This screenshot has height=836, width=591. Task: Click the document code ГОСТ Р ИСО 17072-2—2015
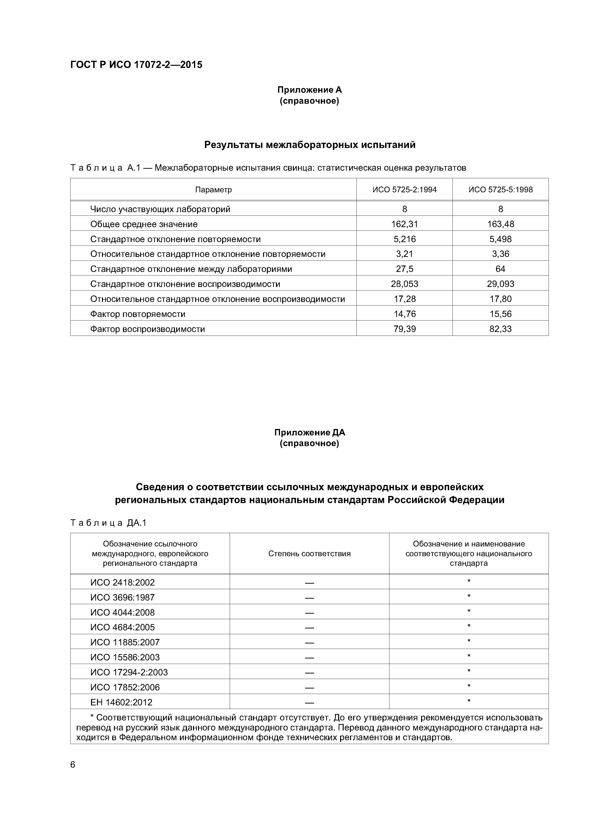click(136, 65)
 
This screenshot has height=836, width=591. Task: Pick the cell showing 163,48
click(500, 224)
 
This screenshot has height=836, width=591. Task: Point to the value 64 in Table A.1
click(500, 269)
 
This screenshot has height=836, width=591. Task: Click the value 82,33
click(500, 329)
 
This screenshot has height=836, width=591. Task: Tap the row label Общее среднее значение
click(144, 224)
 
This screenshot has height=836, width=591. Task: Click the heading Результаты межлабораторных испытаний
click(310, 145)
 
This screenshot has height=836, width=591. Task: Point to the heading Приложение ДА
click(310, 433)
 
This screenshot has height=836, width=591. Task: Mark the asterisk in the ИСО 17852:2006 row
click(469, 687)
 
